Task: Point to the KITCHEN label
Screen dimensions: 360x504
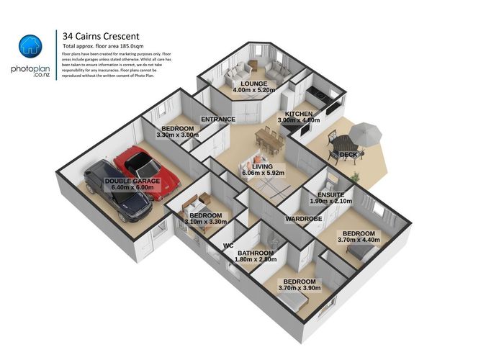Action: coord(298,114)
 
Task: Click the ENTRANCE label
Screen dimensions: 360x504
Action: coord(218,120)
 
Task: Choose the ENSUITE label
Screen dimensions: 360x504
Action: coord(330,195)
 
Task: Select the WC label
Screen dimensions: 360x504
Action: coord(228,246)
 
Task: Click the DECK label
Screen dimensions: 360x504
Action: coord(348,155)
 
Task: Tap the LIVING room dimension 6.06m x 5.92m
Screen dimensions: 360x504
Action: coord(264,173)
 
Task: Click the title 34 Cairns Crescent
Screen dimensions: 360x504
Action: coord(101,35)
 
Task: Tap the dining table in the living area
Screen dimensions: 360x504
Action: coord(269,138)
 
